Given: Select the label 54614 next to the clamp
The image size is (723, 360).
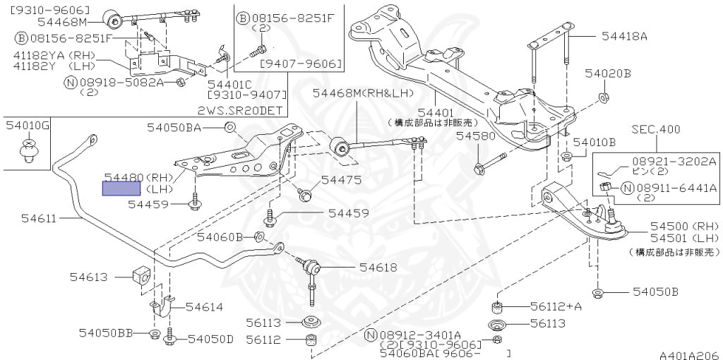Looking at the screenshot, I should (204, 307).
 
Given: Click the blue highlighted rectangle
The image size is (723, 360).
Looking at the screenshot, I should (121, 188).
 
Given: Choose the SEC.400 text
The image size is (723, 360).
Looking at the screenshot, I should (656, 130).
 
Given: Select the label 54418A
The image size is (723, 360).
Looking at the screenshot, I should (624, 36).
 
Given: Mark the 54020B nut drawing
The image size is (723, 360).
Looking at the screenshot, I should (603, 97).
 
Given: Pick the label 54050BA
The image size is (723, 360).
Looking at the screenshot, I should (174, 128).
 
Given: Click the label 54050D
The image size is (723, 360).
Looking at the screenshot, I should (210, 339).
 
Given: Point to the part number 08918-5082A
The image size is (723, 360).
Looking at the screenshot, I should (121, 82).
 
